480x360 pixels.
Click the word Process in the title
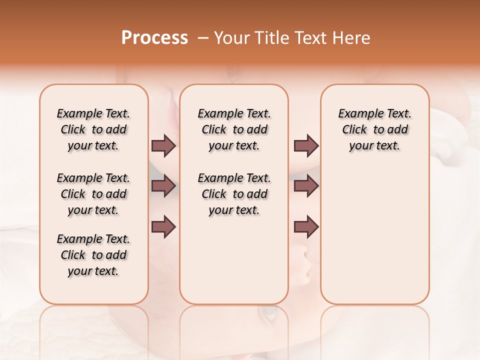(x=154, y=38)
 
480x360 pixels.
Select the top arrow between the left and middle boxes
(x=163, y=146)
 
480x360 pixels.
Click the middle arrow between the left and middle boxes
(x=163, y=186)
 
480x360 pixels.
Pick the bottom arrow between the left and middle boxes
(x=163, y=226)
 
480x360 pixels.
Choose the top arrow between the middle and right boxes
(x=306, y=146)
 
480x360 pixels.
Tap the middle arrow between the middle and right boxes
(x=306, y=186)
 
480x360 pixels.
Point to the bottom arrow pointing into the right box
(x=306, y=226)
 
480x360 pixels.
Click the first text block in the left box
(x=93, y=129)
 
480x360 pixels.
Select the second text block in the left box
(x=93, y=194)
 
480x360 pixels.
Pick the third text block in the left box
(x=93, y=255)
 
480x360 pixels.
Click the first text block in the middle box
(x=234, y=129)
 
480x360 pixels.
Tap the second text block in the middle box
(x=234, y=194)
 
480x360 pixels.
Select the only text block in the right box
(x=374, y=129)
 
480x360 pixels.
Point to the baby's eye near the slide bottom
(x=268, y=313)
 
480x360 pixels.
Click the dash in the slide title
(x=202, y=38)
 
